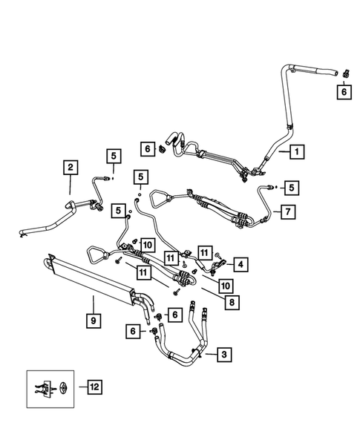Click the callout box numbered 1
(x=295, y=151)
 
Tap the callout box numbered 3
(x=222, y=355)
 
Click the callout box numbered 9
(x=93, y=321)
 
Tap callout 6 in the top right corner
(x=343, y=91)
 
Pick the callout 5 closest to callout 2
(x=113, y=156)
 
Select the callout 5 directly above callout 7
(x=292, y=188)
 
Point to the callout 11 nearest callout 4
(x=205, y=254)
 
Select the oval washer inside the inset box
(x=65, y=387)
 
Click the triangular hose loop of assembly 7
(x=161, y=197)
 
